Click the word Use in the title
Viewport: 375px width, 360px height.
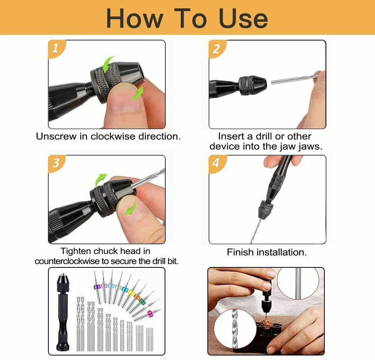[243, 18]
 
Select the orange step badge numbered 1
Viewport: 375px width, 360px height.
[56, 48]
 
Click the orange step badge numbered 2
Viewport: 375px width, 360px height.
[216, 48]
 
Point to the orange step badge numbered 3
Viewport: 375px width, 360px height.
[56, 163]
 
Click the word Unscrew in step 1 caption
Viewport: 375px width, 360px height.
[56, 136]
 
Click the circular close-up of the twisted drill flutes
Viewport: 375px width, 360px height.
[229, 326]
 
